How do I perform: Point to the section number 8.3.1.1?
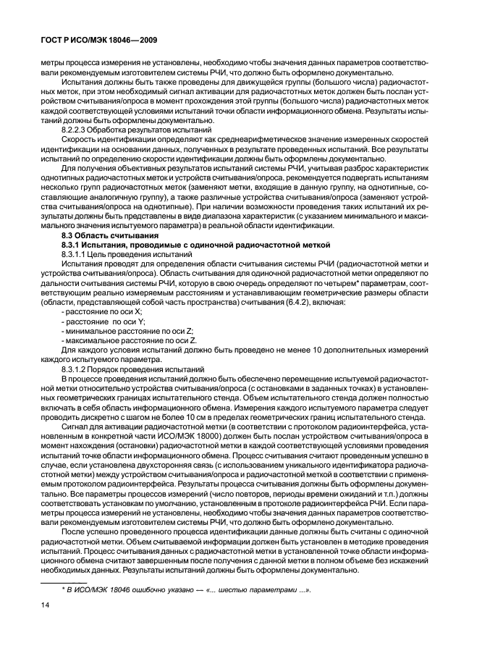point(75,256)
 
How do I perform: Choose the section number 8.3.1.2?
point(75,369)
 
